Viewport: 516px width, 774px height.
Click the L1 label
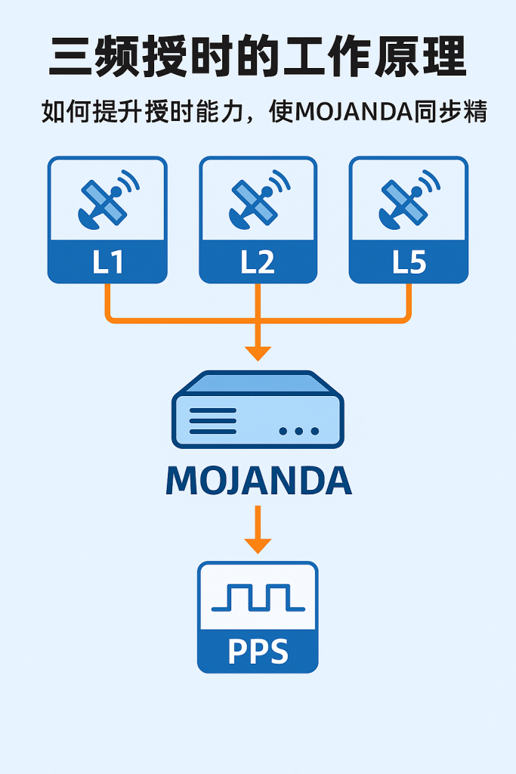pyautogui.click(x=107, y=262)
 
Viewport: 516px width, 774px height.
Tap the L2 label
pyautogui.click(x=258, y=262)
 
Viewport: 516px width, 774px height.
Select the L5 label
pyautogui.click(x=409, y=262)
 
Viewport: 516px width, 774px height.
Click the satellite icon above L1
pyautogui.click(x=107, y=200)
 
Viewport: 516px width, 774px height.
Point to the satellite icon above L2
pyautogui.click(x=258, y=200)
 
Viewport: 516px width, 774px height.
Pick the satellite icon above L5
pyautogui.click(x=409, y=200)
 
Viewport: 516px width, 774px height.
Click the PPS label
pyautogui.click(x=258, y=652)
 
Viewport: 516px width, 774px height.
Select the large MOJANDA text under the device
pyautogui.click(x=258, y=481)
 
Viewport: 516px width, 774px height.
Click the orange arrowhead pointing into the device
pyautogui.click(x=258, y=352)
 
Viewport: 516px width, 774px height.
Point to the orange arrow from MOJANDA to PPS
pyautogui.click(x=258, y=529)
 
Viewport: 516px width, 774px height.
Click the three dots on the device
pyautogui.click(x=299, y=431)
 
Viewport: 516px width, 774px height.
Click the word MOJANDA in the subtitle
pyautogui.click(x=352, y=112)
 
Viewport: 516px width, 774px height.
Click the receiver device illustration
pyautogui.click(x=258, y=413)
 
